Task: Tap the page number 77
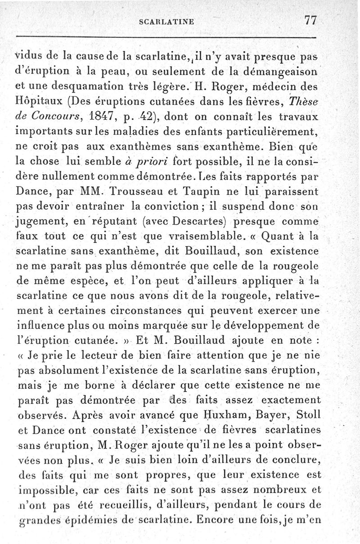click(x=311, y=20)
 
